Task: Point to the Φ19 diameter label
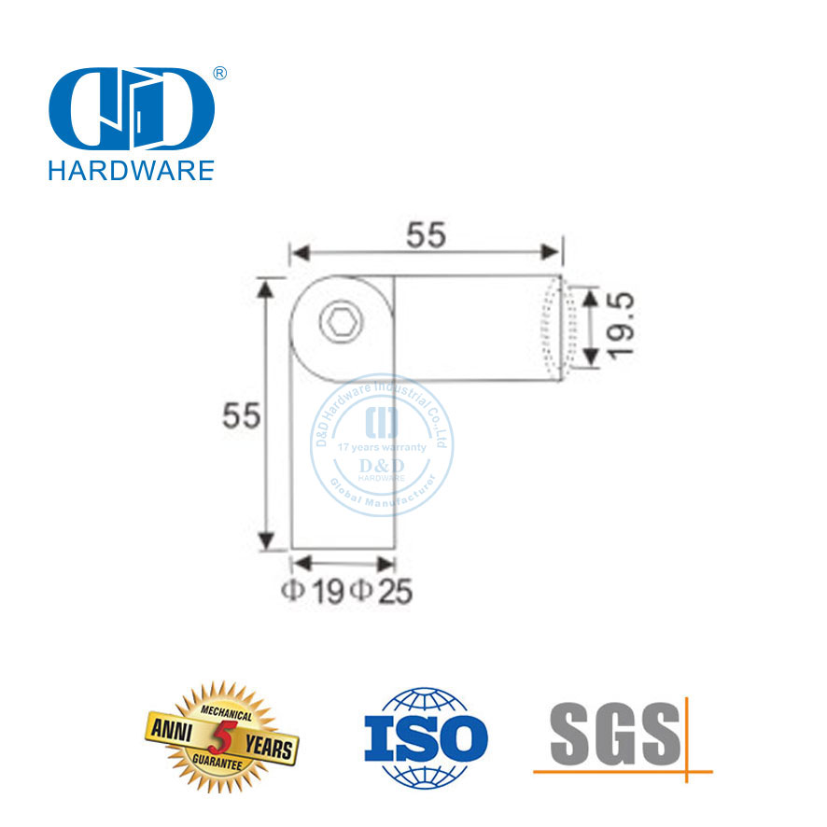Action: click(x=315, y=592)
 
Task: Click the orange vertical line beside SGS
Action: click(x=687, y=737)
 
